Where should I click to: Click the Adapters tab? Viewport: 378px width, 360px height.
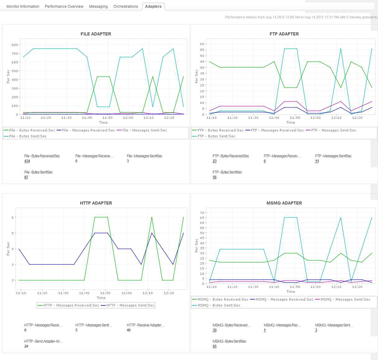[x=153, y=6]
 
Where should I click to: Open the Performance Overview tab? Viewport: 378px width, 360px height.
[x=64, y=7]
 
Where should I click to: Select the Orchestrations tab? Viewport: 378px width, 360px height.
[x=125, y=7]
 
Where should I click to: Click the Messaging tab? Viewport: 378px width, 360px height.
[x=98, y=7]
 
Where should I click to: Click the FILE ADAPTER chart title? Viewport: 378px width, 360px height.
[x=96, y=34]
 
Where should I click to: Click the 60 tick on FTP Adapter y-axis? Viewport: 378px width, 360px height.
[x=203, y=44]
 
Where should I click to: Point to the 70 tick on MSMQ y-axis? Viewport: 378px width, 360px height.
[x=203, y=213]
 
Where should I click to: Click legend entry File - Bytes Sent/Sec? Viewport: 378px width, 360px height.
[x=27, y=136]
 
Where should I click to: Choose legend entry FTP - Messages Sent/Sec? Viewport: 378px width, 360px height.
[x=333, y=130]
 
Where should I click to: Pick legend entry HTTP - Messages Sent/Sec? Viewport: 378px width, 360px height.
[x=130, y=305]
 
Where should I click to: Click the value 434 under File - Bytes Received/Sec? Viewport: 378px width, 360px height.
[x=27, y=161]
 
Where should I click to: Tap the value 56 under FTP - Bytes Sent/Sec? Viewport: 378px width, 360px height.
[x=215, y=177]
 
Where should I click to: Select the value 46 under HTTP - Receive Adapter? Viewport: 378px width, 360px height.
[x=129, y=330]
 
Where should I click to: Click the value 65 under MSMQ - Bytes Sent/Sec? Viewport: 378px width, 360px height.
[x=215, y=346]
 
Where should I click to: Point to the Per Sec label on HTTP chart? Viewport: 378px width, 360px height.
[x=8, y=249]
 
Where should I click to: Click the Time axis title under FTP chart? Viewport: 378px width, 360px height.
[x=291, y=122]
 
